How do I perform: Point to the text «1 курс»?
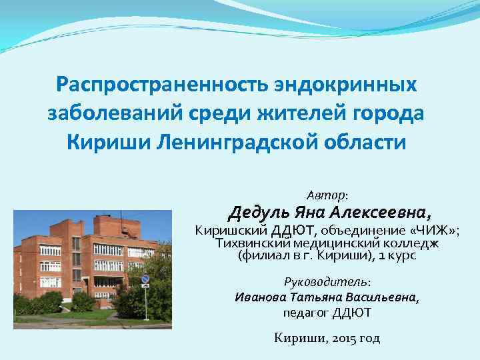point(396,255)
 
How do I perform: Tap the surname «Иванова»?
point(261,297)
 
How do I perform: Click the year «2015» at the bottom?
point(344,338)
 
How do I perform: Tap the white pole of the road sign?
point(146,303)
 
